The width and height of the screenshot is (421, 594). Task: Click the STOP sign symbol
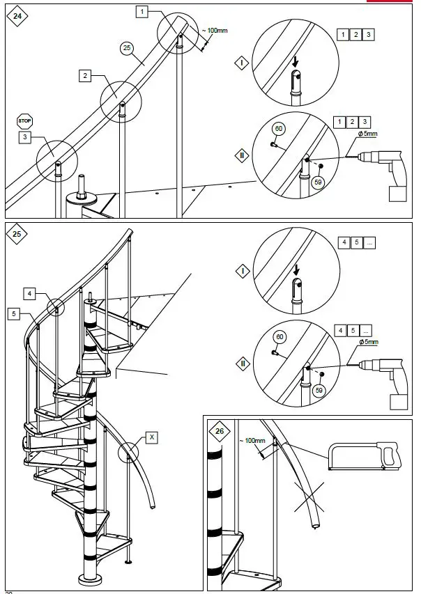pos(25,120)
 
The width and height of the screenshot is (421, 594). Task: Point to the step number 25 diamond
pos(16,234)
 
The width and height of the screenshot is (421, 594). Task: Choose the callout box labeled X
pos(153,437)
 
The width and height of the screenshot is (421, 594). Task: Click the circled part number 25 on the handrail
pos(126,47)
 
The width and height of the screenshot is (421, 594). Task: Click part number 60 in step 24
pos(279,129)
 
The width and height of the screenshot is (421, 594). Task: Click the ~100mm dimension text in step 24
pos(216,31)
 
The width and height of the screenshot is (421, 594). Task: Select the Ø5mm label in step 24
pos(367,133)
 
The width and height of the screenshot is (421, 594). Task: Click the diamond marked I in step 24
pos(241,62)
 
